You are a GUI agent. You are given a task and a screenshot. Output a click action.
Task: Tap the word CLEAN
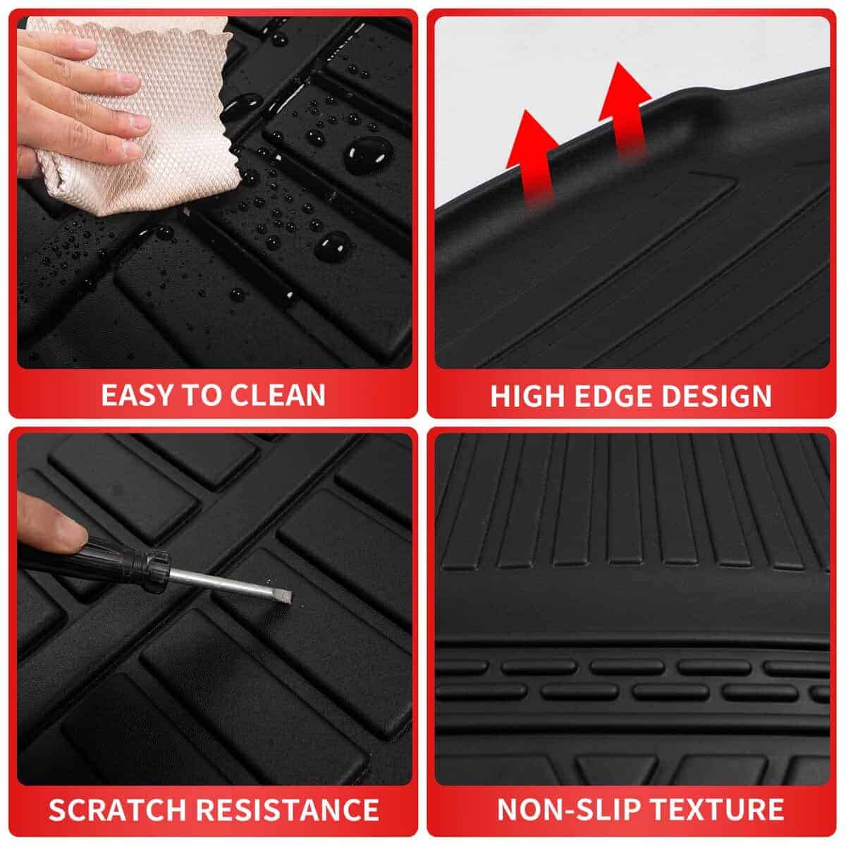[278, 395]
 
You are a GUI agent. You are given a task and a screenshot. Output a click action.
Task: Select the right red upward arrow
[625, 112]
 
